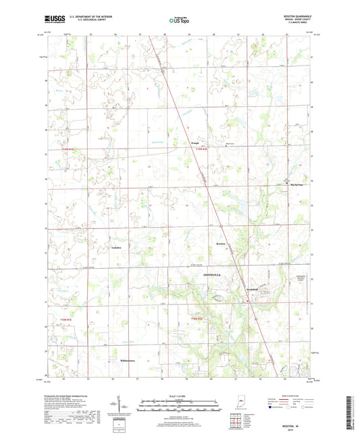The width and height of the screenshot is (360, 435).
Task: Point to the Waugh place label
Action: [194, 143]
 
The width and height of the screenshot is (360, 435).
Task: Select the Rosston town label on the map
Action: [220, 242]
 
